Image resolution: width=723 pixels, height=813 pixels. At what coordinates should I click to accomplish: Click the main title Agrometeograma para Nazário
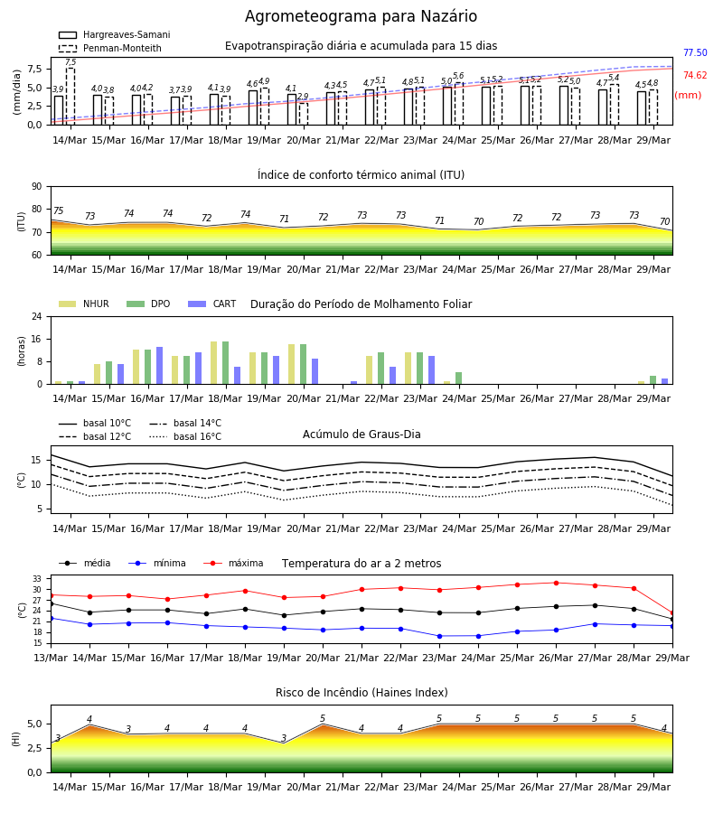[361, 16]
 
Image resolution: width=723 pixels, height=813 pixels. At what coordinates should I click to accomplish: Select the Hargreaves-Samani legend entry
[114, 34]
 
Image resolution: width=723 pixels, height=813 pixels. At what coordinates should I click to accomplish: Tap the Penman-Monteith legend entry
[110, 48]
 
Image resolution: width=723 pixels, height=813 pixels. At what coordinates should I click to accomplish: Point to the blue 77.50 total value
[695, 53]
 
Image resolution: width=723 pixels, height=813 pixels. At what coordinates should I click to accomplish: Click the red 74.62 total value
[695, 76]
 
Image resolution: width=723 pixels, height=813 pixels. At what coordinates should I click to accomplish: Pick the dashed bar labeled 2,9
[304, 114]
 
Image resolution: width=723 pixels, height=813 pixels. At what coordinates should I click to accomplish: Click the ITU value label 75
[58, 210]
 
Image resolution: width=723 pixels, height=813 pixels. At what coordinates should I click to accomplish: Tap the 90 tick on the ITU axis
[37, 187]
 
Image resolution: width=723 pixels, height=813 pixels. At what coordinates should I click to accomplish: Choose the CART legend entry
[212, 304]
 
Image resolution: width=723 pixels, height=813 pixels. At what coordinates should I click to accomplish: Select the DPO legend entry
[148, 304]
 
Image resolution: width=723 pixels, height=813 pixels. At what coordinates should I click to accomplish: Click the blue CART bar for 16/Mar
[160, 366]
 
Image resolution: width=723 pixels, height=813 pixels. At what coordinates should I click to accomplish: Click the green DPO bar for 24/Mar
[458, 378]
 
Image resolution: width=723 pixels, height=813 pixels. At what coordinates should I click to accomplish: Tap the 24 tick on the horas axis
[37, 316]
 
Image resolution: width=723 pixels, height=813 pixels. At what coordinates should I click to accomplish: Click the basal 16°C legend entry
[185, 436]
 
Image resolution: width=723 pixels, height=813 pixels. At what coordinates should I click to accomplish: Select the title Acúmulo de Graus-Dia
[361, 435]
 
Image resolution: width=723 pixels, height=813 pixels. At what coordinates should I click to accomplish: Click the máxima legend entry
[233, 563]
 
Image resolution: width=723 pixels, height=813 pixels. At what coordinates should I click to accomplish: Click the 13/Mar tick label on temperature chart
[51, 658]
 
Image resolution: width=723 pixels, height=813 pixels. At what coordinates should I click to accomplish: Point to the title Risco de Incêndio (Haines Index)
[361, 693]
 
